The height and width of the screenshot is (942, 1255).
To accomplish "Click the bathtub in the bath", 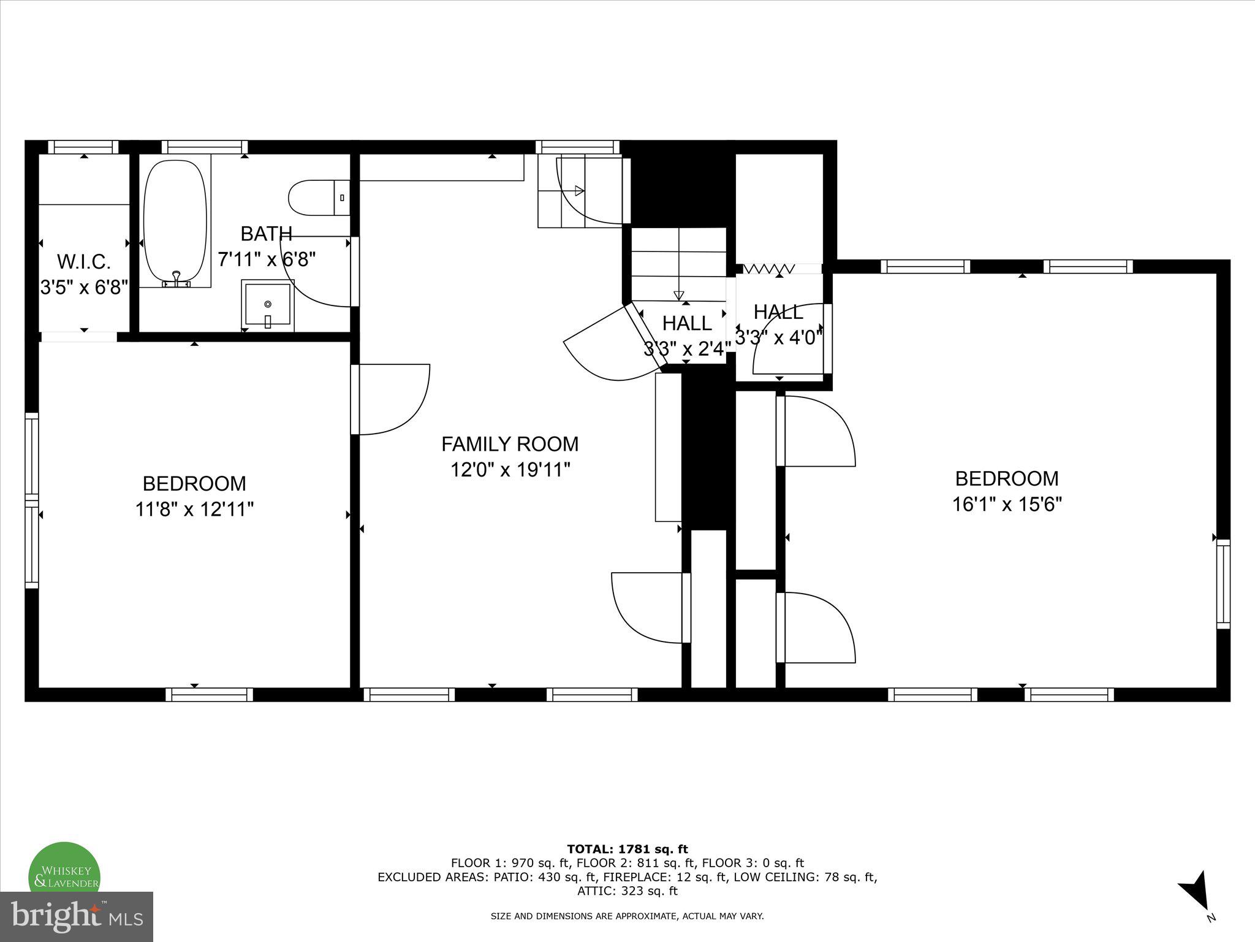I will pyautogui.click(x=175, y=222).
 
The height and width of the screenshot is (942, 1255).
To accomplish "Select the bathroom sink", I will pyautogui.click(x=268, y=305).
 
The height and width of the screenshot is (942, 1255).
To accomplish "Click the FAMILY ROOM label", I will pyautogui.click(x=510, y=443).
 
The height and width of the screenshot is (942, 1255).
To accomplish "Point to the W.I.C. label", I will pyautogui.click(x=84, y=262).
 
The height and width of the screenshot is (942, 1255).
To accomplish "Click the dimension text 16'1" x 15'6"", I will pyautogui.click(x=1007, y=504).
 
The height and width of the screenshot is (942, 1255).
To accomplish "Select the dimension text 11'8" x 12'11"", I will pyautogui.click(x=194, y=509).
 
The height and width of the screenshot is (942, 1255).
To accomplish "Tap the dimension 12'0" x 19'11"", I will pyautogui.click(x=510, y=470).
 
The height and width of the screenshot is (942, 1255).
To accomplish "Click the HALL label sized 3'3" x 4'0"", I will pyautogui.click(x=778, y=312).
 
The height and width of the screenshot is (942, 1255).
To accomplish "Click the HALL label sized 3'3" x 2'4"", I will pyautogui.click(x=687, y=323).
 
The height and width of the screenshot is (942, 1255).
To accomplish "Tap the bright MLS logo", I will pyautogui.click(x=77, y=916).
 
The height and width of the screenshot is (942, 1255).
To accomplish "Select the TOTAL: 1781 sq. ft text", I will pyautogui.click(x=627, y=849).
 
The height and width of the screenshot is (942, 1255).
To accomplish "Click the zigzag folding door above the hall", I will pyautogui.click(x=769, y=269).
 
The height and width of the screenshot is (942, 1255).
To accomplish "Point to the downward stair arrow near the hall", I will pyautogui.click(x=678, y=295).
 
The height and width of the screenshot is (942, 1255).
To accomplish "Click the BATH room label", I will pyautogui.click(x=266, y=234).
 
